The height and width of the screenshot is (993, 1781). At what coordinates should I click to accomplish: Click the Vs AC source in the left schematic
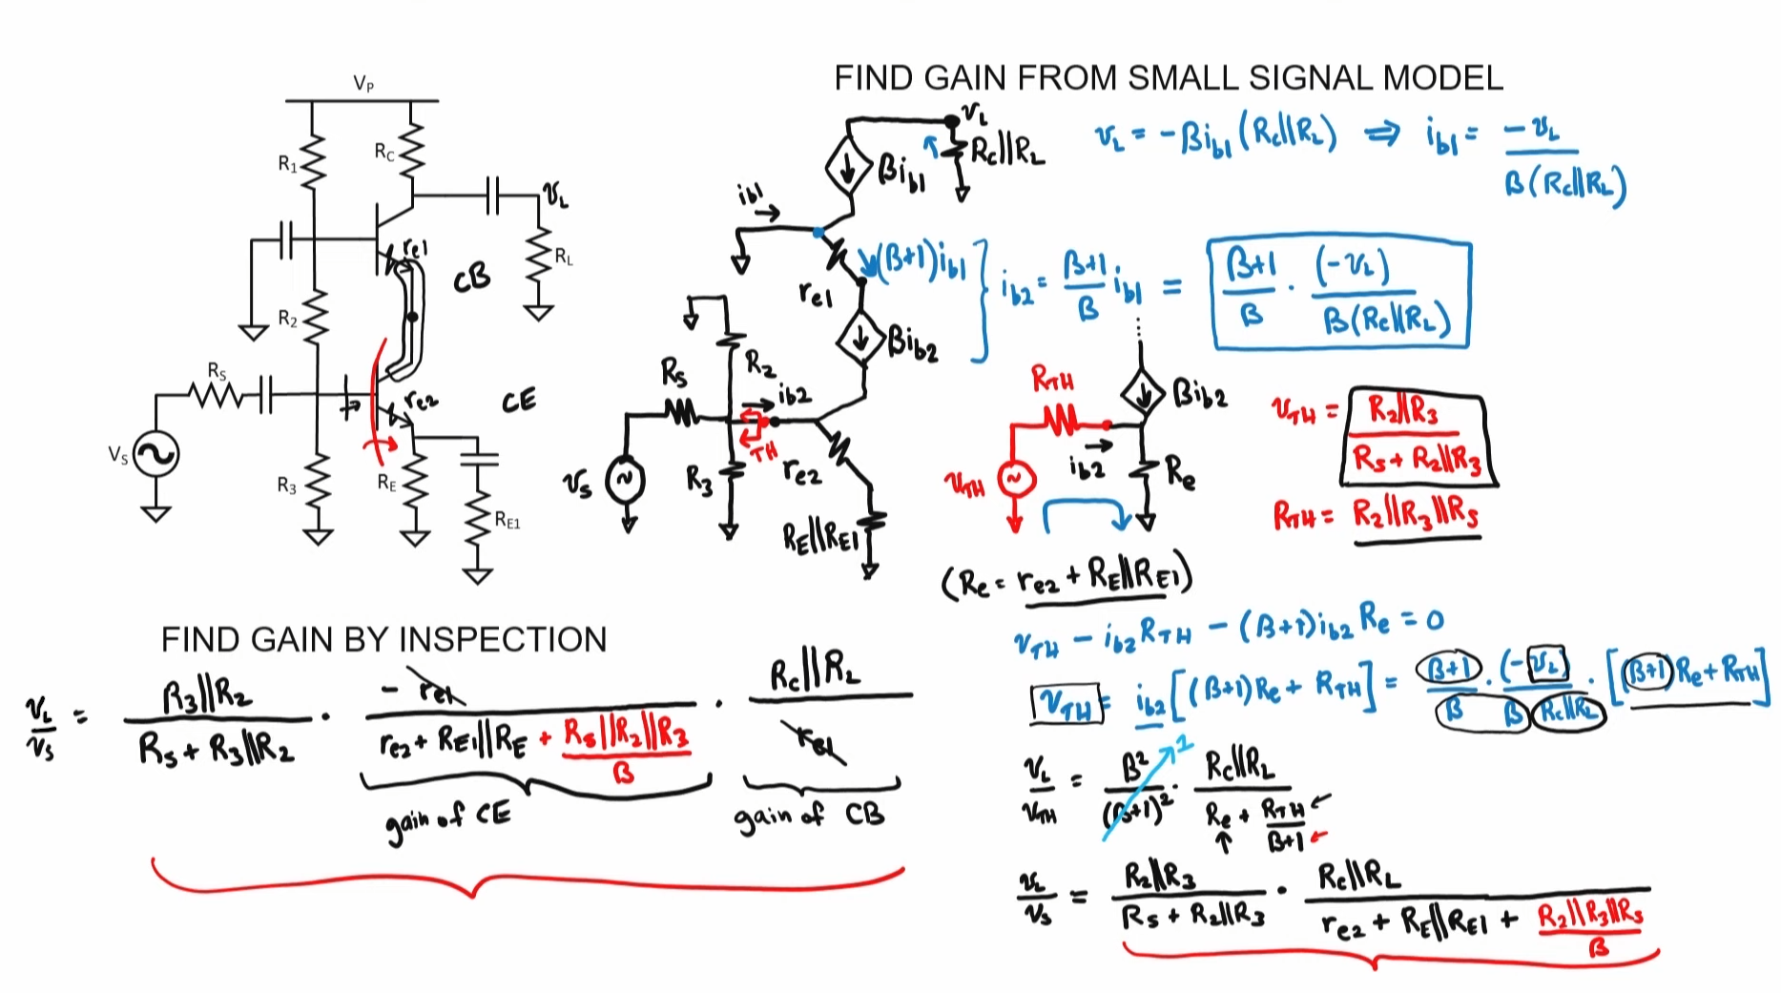pyautogui.click(x=155, y=455)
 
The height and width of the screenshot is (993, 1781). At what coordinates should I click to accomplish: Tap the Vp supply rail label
pyautogui.click(x=363, y=84)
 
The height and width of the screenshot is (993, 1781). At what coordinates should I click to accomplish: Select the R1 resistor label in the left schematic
pyautogui.click(x=287, y=164)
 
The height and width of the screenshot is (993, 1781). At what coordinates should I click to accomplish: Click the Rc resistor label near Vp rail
pyautogui.click(x=383, y=152)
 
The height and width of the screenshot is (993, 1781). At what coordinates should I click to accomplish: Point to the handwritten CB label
pyautogui.click(x=471, y=278)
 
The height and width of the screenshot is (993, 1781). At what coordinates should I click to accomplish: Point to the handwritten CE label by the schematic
pyautogui.click(x=519, y=401)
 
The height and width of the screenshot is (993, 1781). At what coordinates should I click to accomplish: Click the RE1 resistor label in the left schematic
pyautogui.click(x=507, y=521)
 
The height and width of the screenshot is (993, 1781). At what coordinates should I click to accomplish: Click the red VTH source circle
pyautogui.click(x=1015, y=479)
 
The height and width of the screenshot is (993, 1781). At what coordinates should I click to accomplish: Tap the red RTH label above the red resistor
pyautogui.click(x=1052, y=381)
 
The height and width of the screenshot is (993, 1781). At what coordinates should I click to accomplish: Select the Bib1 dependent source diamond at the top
pyautogui.click(x=848, y=169)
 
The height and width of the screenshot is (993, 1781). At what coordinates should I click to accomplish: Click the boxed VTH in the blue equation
pyautogui.click(x=1066, y=703)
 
